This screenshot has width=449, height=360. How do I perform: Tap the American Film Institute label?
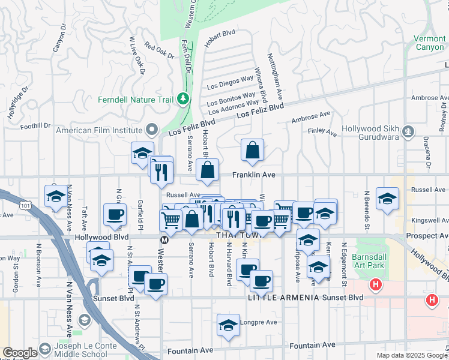(x=100, y=130)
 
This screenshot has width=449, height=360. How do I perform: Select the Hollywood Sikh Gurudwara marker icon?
(x=409, y=130)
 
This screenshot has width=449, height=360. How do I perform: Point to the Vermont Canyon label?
(x=429, y=43)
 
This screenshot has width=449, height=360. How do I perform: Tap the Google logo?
(x=20, y=353)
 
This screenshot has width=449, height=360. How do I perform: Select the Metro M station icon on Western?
(x=163, y=239)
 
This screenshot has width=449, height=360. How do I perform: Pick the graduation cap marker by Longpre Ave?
(x=228, y=326)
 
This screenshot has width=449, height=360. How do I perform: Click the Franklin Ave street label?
(x=254, y=175)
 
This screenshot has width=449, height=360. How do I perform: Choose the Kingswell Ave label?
(x=429, y=220)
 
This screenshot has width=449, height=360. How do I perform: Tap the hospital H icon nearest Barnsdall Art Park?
(x=376, y=284)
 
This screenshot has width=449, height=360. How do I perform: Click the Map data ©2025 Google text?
(x=412, y=355)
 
